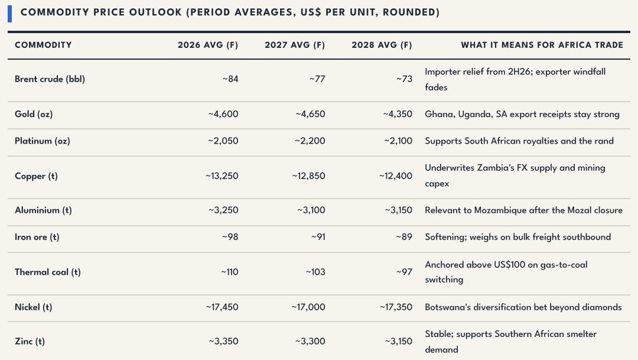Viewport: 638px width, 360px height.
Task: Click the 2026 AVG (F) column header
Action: click(207, 45)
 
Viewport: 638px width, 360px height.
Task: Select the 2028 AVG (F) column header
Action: click(382, 45)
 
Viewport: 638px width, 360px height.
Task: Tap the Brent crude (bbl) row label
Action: click(50, 79)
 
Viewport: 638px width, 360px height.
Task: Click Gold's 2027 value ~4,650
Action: click(310, 114)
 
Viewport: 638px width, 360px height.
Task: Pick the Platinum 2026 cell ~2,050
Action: click(223, 141)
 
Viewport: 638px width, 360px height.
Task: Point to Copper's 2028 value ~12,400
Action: click(395, 176)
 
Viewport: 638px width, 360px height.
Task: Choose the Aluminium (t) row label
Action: click(43, 210)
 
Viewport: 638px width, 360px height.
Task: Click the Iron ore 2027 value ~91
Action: click(318, 237)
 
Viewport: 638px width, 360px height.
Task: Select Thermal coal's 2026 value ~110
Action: click(229, 272)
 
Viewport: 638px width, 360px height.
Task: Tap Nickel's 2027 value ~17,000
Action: click(308, 307)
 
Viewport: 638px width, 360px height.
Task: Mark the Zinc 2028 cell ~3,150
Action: click(398, 341)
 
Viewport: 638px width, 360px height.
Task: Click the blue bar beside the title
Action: click(10, 14)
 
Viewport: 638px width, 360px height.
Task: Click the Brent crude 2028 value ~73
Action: click(404, 79)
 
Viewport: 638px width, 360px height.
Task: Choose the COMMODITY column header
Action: click(43, 45)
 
